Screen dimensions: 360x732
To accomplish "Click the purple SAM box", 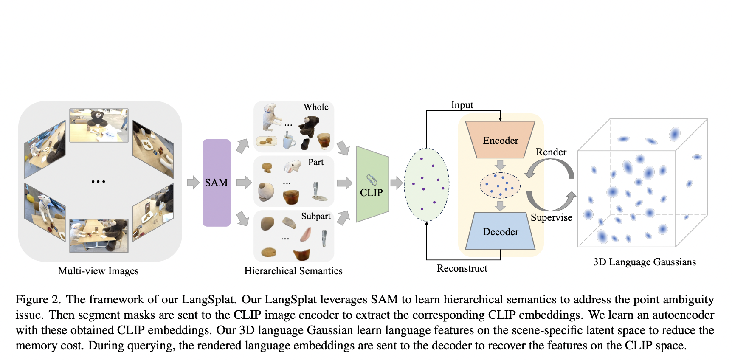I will click(x=216, y=183).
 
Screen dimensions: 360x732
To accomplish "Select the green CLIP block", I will click(x=372, y=185).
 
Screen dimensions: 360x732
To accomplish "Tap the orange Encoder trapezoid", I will click(x=500, y=140).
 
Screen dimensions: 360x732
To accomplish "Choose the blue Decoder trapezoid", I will click(x=500, y=232).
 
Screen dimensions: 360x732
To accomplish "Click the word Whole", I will click(x=316, y=107).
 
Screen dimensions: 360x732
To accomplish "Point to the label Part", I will click(x=315, y=162).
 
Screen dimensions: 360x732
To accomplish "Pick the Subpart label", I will click(x=315, y=216).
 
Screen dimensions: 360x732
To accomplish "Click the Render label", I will click(x=551, y=152).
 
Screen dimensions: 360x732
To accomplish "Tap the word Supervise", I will click(x=551, y=217).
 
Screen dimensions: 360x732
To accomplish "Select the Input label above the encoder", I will click(x=462, y=105).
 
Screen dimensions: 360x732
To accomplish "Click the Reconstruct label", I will click(x=462, y=268).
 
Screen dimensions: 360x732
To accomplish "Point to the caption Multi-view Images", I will click(x=98, y=271).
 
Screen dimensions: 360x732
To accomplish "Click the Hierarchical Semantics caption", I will click(x=293, y=271).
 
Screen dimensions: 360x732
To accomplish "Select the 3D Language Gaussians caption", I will click(x=644, y=262).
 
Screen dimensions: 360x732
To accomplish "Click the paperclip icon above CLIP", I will click(x=372, y=180).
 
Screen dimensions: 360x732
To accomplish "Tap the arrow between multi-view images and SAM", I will click(x=193, y=182).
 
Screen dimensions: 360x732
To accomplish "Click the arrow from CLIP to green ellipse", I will click(x=396, y=183).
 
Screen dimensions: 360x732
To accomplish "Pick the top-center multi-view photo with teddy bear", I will click(x=99, y=125).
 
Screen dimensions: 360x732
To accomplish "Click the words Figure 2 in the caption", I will click(x=38, y=299).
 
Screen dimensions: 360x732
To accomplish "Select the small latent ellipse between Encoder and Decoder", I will click(x=500, y=186).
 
